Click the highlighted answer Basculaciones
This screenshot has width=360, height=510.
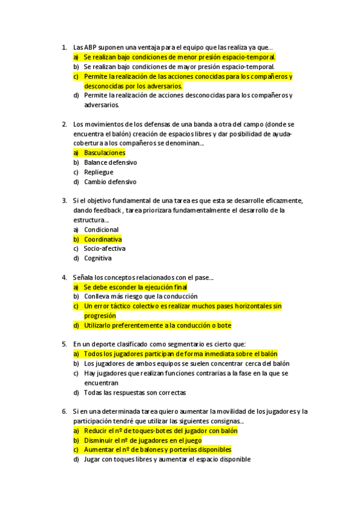[x=105, y=153]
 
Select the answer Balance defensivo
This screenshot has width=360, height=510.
[x=110, y=162]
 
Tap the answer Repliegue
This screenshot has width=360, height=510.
[x=98, y=172]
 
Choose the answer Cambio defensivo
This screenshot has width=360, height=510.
[x=110, y=182]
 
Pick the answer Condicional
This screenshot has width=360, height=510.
[x=101, y=230]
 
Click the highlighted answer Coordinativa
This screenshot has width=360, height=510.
[x=102, y=239]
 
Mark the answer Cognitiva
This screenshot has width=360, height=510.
[x=97, y=259]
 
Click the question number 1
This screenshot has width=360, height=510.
[x=64, y=48]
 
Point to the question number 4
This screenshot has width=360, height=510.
[x=64, y=278]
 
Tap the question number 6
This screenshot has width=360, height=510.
[x=64, y=411]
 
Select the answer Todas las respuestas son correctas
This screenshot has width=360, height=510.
[x=135, y=393]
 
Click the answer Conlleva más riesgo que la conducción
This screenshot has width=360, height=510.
[x=141, y=296]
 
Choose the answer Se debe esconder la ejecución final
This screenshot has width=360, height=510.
[x=135, y=287]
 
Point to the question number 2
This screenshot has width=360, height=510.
[x=64, y=124]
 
